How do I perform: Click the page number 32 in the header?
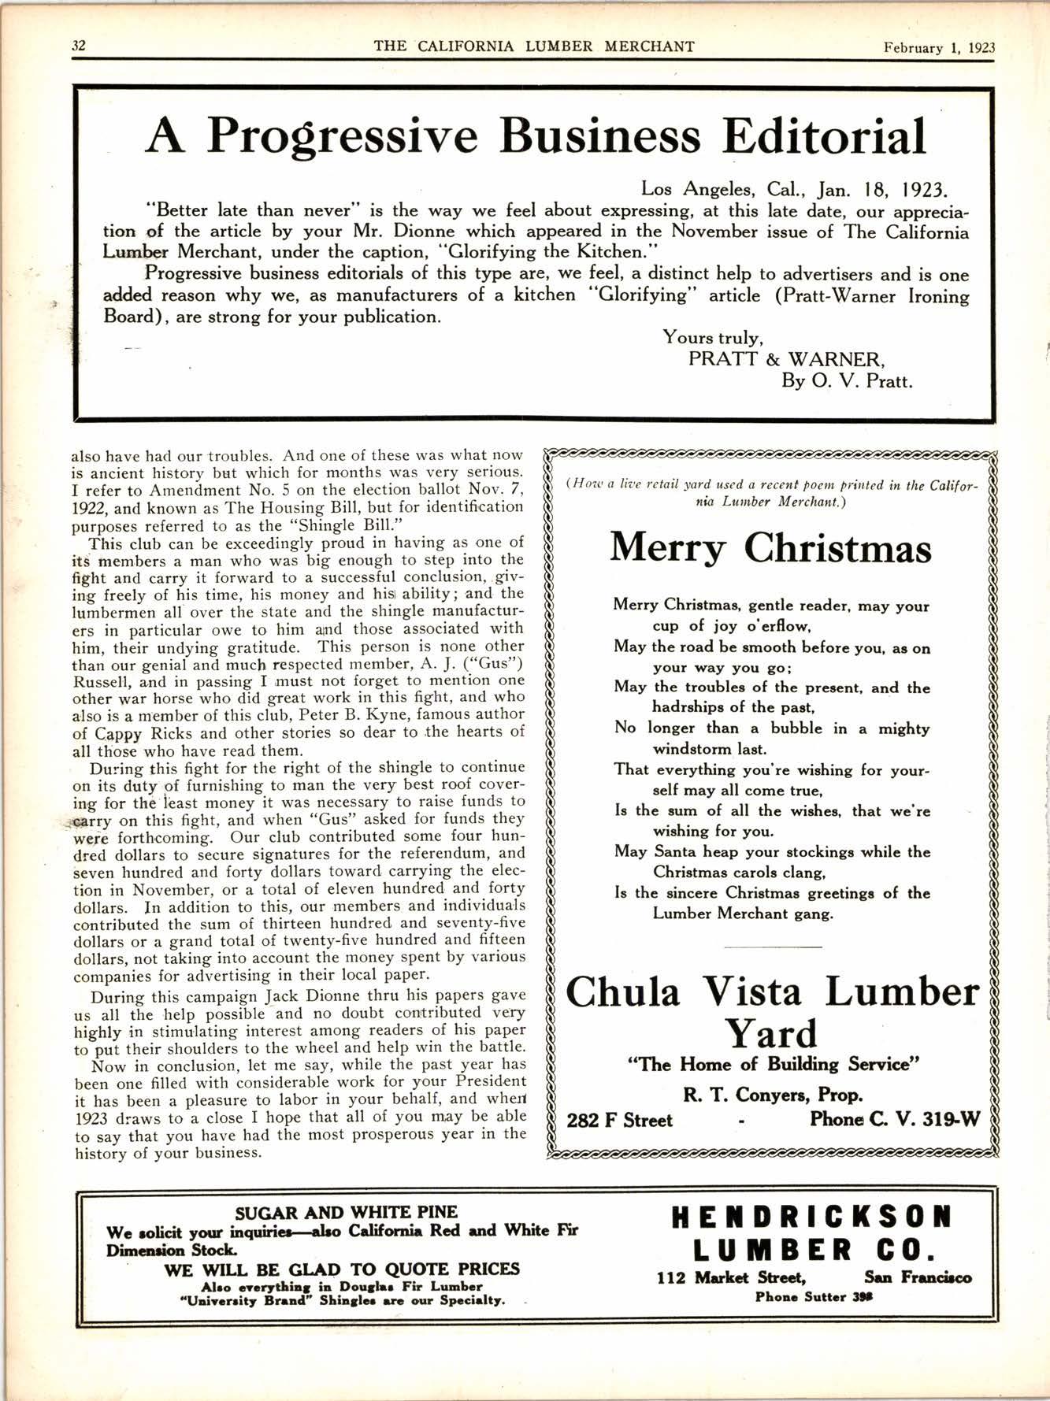[78, 46]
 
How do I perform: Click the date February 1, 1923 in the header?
[939, 47]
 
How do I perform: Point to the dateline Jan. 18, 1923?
[885, 189]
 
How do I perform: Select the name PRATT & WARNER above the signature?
[787, 360]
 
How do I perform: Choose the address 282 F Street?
[620, 1121]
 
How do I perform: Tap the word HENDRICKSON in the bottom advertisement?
[811, 1218]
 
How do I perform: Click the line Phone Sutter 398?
[813, 1297]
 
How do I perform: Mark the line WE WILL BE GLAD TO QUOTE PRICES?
[342, 1269]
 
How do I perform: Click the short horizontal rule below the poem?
[772, 946]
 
